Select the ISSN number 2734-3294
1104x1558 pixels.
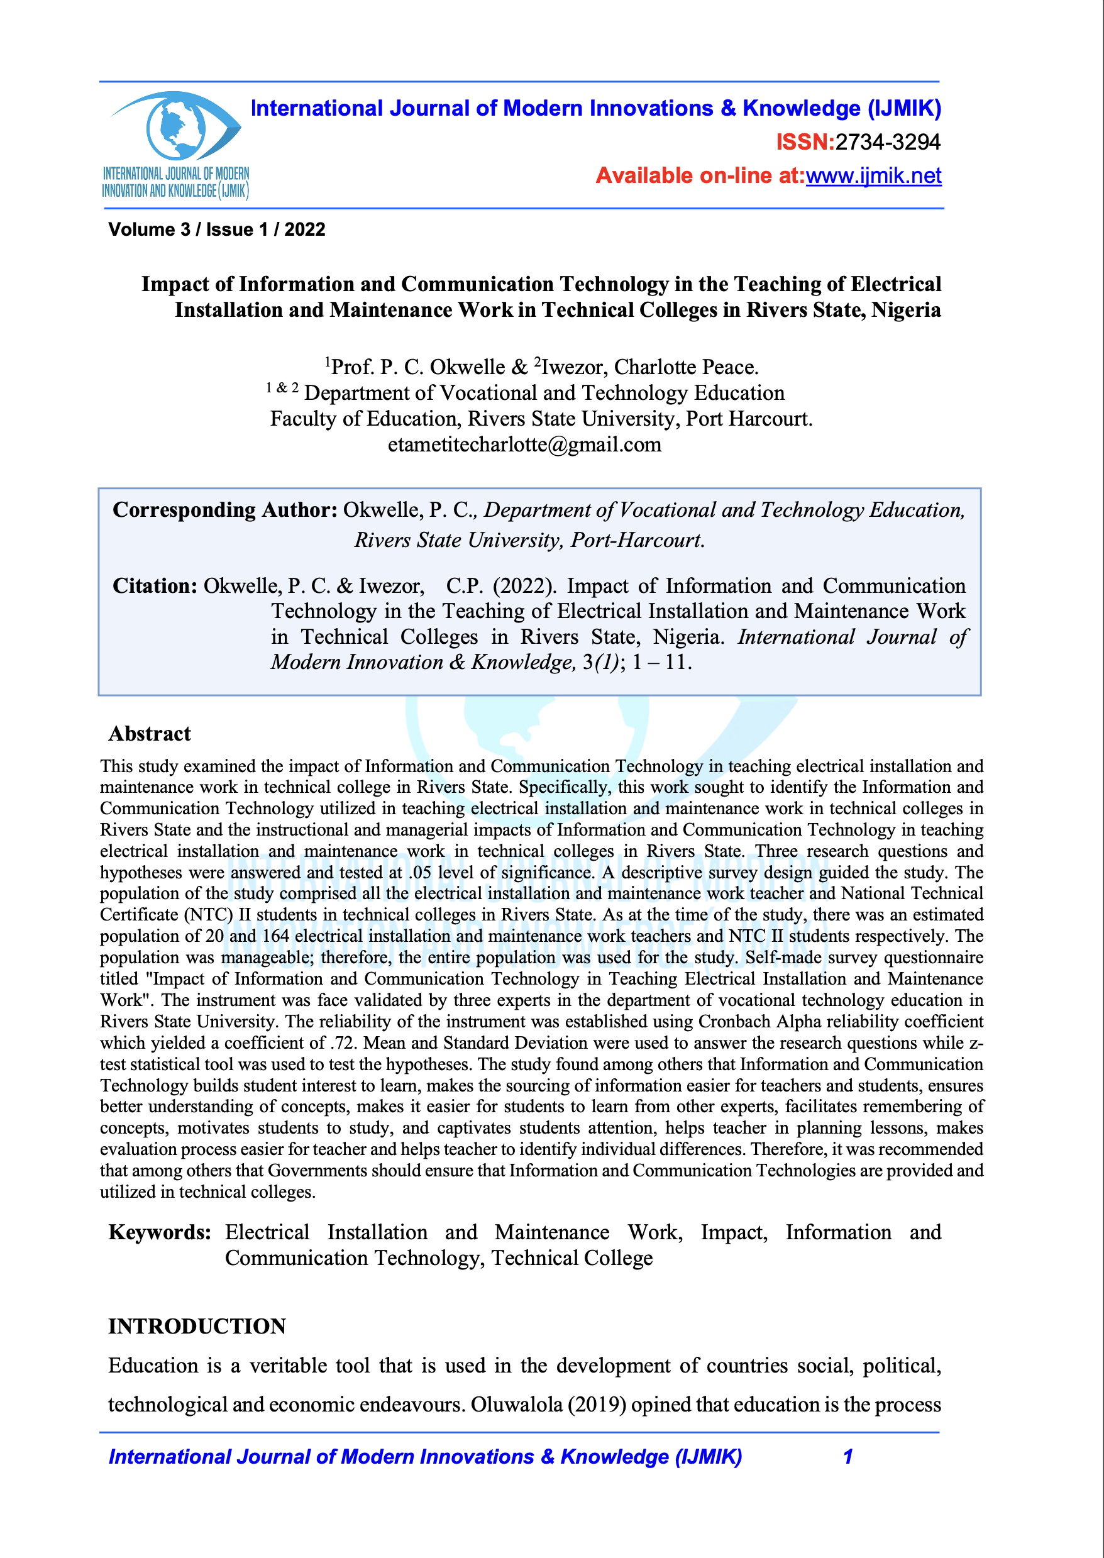click(888, 142)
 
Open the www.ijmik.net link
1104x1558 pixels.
click(873, 176)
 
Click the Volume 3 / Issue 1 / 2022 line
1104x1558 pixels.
click(217, 229)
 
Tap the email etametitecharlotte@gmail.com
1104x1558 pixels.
click(524, 445)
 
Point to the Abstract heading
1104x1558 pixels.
click(150, 734)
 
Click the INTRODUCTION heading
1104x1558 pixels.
click(197, 1326)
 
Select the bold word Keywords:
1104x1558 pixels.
click(160, 1232)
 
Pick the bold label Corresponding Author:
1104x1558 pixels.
click(225, 510)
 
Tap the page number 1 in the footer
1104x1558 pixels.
click(847, 1457)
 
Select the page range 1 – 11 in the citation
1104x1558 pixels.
click(661, 662)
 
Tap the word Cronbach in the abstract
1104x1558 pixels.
click(736, 1022)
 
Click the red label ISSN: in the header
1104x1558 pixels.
click(805, 142)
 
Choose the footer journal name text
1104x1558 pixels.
click(425, 1457)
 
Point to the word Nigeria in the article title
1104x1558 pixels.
click(906, 310)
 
